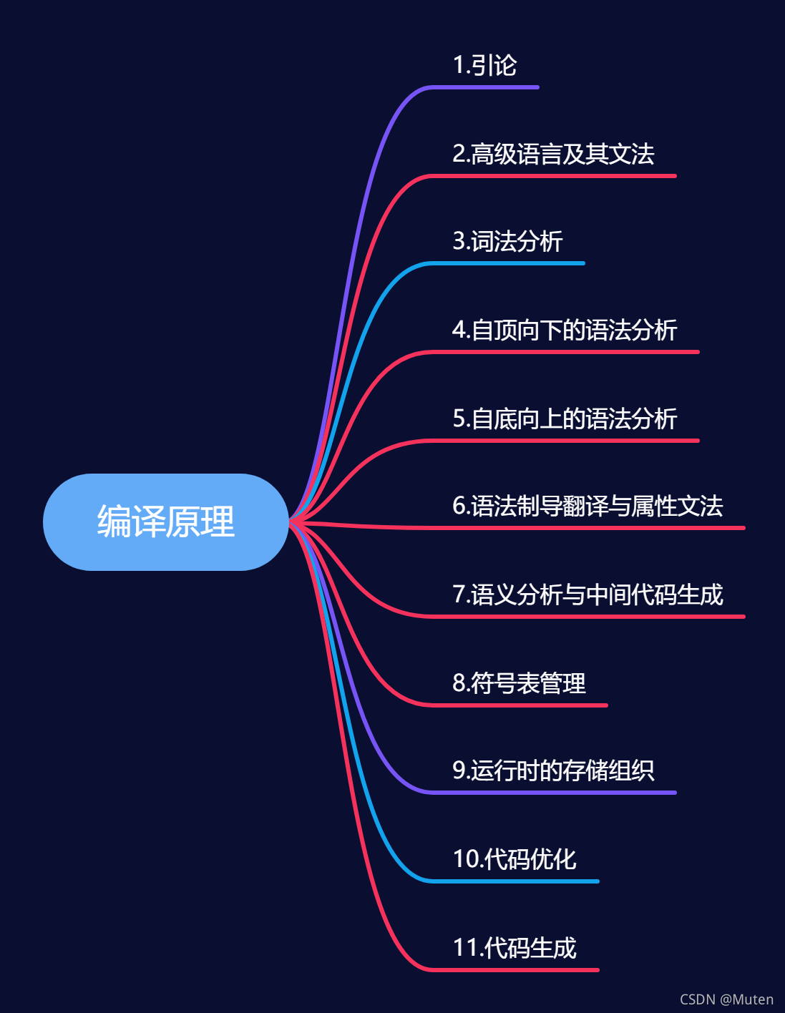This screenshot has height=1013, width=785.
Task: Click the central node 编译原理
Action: [165, 522]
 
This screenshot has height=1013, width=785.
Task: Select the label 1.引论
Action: [484, 65]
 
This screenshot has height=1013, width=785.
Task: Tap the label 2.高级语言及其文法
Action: [553, 154]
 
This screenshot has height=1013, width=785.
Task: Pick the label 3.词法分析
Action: [507, 241]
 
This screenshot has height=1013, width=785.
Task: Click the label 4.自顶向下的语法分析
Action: [565, 330]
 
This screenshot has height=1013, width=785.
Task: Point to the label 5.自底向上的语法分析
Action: [565, 419]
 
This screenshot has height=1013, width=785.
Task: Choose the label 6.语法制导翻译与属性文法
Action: [587, 506]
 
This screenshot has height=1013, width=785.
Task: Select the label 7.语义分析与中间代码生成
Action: [587, 594]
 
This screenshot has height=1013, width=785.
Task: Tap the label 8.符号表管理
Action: [519, 683]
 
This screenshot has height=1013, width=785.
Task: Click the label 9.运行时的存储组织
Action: [553, 770]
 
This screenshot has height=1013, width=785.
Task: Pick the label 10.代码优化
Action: [515, 859]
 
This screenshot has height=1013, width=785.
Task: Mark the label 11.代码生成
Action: [515, 948]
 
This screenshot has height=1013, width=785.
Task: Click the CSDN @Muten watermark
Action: [726, 999]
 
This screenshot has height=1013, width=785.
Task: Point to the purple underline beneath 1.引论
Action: [487, 87]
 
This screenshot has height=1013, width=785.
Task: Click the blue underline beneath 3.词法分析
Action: [508, 263]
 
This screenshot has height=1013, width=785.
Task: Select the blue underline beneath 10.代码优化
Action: [515, 881]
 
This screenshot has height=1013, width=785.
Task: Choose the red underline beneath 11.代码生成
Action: [515, 970]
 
